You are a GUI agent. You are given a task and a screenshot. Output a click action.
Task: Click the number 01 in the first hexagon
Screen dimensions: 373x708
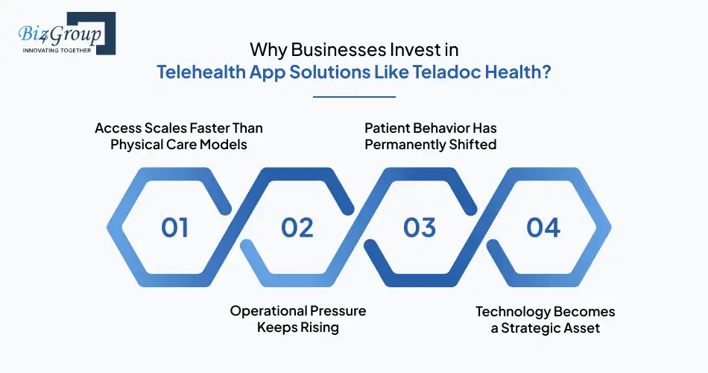pyautogui.click(x=175, y=227)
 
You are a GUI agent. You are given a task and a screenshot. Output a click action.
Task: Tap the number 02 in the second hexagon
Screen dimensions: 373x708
pyautogui.click(x=297, y=227)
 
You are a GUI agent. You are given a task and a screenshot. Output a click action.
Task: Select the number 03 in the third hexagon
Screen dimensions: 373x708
pyautogui.click(x=420, y=227)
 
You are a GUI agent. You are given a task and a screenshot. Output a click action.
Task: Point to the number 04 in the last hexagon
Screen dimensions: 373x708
pyautogui.click(x=543, y=227)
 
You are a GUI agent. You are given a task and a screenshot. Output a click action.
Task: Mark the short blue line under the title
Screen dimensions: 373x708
pyautogui.click(x=354, y=96)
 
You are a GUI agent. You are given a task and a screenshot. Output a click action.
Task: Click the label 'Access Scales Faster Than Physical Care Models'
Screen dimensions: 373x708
pyautogui.click(x=179, y=136)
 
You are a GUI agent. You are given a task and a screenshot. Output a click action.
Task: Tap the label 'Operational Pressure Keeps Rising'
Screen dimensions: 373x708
pyautogui.click(x=298, y=319)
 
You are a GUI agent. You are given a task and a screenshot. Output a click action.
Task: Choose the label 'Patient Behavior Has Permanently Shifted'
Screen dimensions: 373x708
pyautogui.click(x=431, y=136)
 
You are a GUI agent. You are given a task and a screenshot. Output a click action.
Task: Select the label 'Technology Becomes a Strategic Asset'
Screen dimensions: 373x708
pyautogui.click(x=546, y=319)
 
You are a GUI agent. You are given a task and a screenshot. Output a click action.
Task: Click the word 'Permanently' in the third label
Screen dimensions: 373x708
pyautogui.click(x=403, y=144)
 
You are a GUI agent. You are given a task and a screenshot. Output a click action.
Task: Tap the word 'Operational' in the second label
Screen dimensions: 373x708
pyautogui.click(x=267, y=310)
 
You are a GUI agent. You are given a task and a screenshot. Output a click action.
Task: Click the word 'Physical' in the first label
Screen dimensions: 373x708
pyautogui.click(x=137, y=144)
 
